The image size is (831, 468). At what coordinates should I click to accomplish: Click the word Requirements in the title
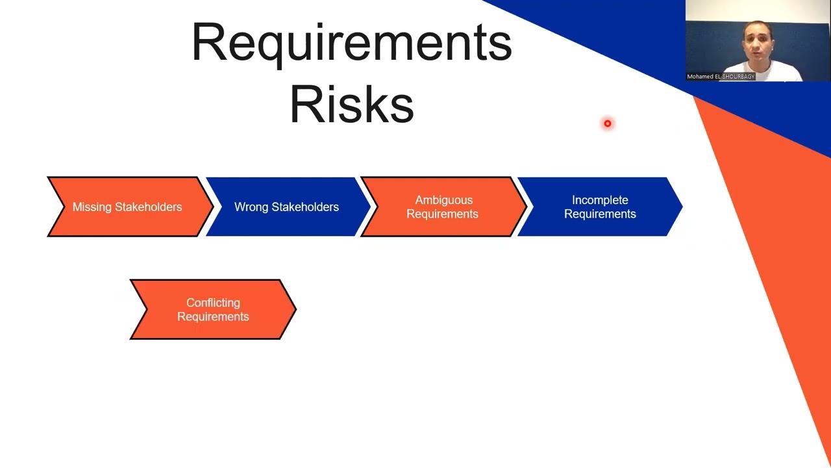point(352,43)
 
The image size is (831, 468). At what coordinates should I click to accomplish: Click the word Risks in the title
point(351,104)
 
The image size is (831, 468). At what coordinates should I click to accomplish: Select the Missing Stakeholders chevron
point(127,207)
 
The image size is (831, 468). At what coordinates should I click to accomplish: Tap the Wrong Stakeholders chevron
point(286,207)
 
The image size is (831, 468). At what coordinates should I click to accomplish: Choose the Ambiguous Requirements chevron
point(442,207)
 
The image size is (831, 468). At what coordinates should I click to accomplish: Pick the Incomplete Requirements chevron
point(600,207)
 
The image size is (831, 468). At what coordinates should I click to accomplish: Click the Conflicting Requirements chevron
point(213,309)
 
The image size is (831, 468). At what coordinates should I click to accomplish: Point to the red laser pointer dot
point(608,123)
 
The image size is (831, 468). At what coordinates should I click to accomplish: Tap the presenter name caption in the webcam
point(721,77)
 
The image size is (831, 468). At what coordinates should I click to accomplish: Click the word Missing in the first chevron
point(92,207)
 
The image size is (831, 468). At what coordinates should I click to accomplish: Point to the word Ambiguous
point(444,200)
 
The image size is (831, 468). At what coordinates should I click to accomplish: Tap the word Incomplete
point(600,200)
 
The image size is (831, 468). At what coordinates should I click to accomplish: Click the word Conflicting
point(213,303)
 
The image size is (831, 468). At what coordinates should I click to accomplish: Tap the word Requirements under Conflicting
point(213,317)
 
